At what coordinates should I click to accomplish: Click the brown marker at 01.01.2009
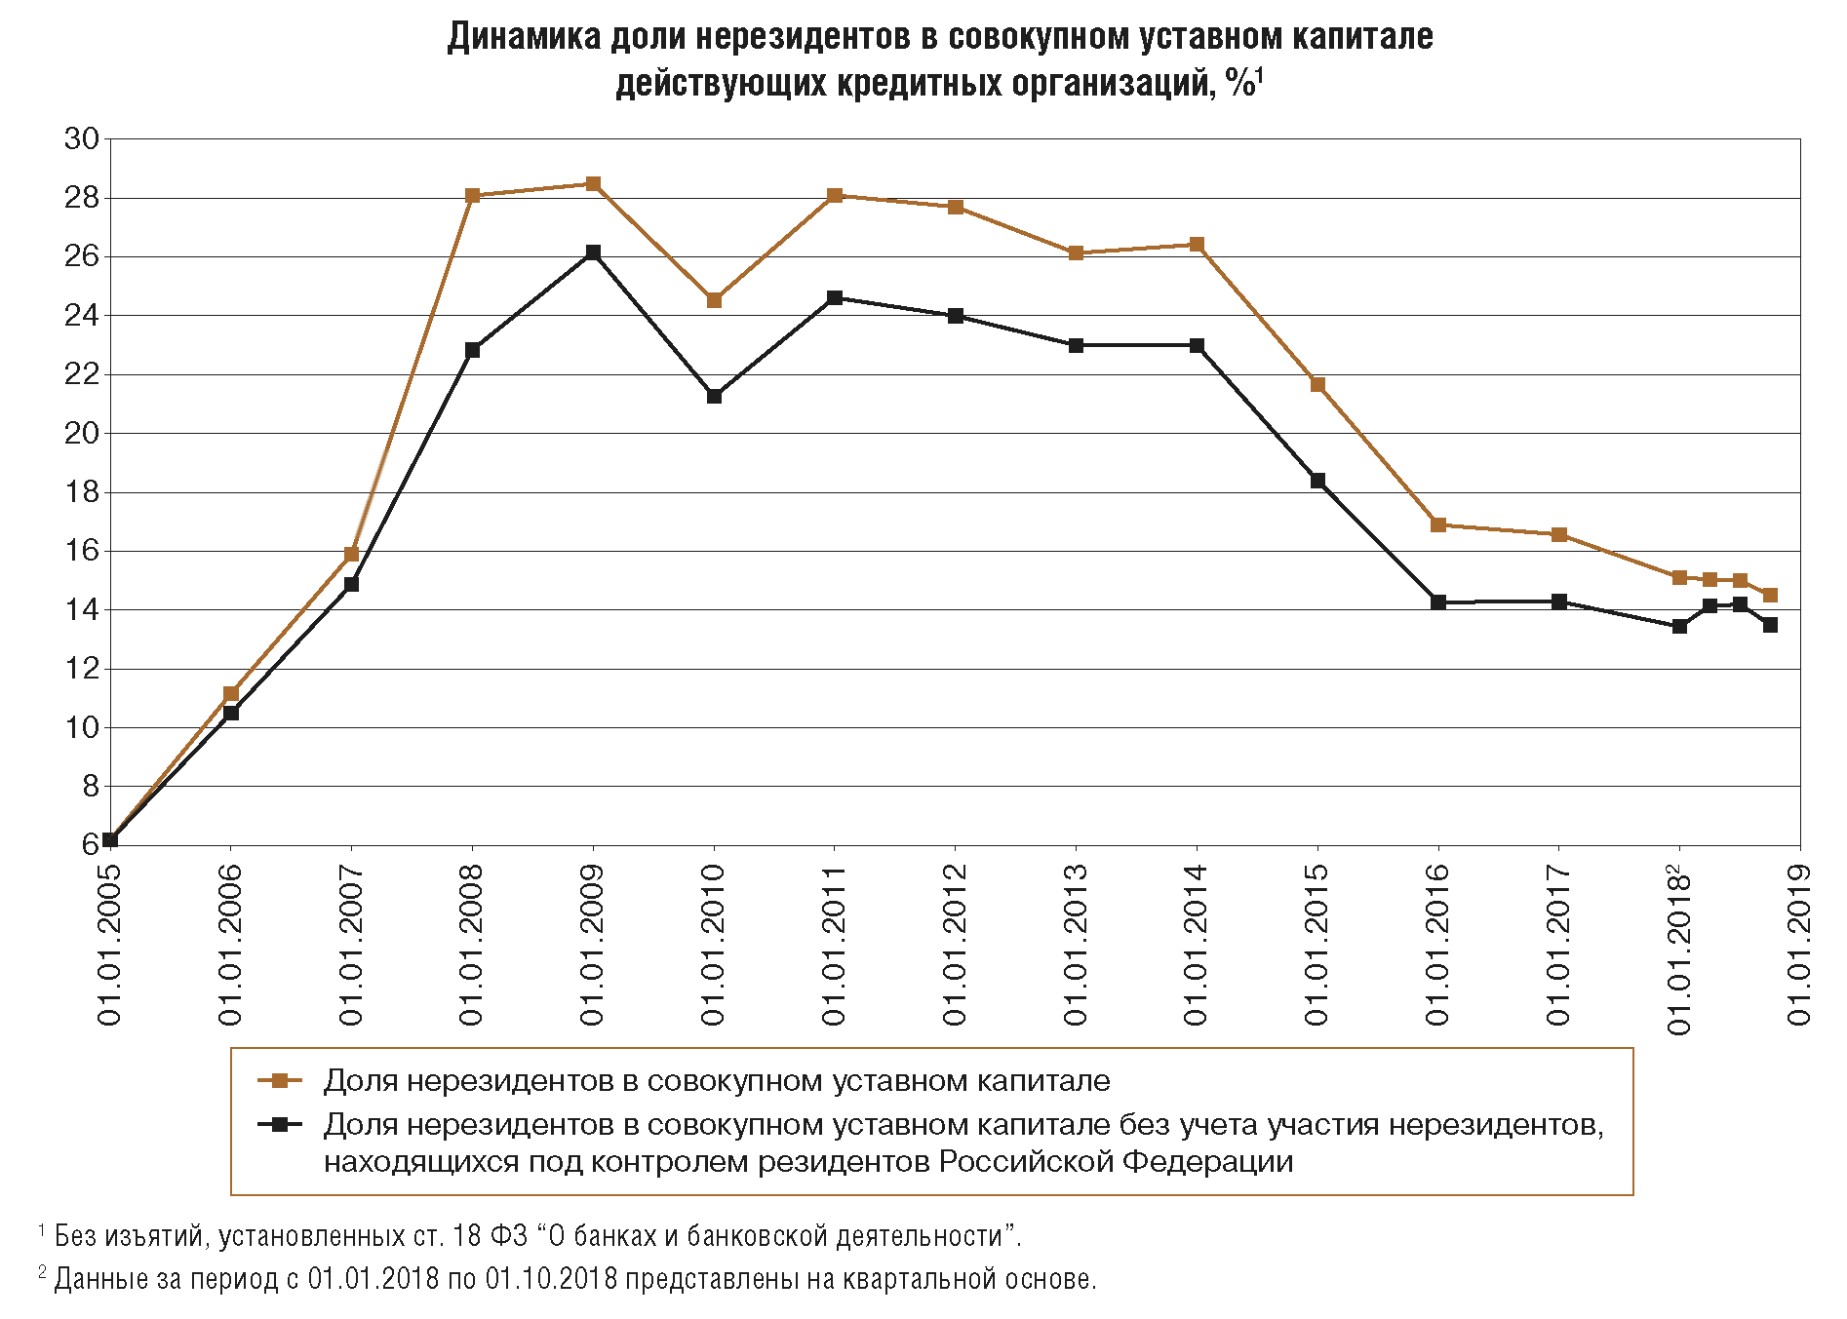[593, 184]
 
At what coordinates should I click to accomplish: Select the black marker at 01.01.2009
[593, 252]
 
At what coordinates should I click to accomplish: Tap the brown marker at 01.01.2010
[714, 300]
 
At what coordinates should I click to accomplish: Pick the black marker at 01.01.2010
[714, 396]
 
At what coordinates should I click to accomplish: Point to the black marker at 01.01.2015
[1317, 481]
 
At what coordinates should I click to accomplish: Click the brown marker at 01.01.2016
[1438, 524]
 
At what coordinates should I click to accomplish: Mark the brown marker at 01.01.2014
[1197, 245]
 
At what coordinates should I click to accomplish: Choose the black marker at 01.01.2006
[231, 713]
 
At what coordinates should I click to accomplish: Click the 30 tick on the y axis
[82, 139]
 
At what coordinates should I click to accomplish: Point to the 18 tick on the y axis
[82, 492]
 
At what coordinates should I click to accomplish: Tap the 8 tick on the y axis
[91, 786]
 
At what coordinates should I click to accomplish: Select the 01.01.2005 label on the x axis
[110, 944]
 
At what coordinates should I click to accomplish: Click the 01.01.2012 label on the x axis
[955, 944]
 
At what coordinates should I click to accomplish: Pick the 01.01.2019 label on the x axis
[1799, 944]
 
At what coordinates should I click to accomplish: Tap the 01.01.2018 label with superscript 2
[1679, 950]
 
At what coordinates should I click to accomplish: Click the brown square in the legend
[280, 1080]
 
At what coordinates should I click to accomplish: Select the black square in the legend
[280, 1124]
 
